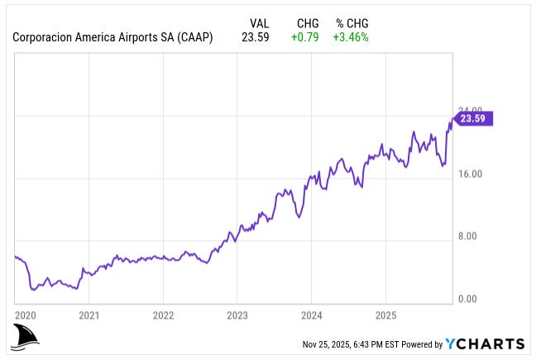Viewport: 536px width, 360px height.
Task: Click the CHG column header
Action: pyautogui.click(x=308, y=23)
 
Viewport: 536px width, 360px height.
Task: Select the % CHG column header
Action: pyautogui.click(x=352, y=23)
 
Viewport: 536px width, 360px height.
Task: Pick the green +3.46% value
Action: pyautogui.click(x=352, y=36)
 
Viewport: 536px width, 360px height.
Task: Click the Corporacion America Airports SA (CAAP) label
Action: pyautogui.click(x=112, y=36)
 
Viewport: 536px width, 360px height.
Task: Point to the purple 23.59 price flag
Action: pyautogui.click(x=474, y=118)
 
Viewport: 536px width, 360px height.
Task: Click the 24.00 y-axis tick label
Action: pyautogui.click(x=470, y=110)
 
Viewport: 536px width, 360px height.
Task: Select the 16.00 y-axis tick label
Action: pyautogui.click(x=470, y=174)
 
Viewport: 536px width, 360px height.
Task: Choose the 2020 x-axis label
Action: pyautogui.click(x=26, y=315)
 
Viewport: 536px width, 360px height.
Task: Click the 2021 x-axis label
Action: pyautogui.click(x=89, y=315)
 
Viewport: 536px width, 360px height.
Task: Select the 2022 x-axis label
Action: pyautogui.click(x=163, y=315)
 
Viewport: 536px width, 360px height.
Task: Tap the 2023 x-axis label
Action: pyautogui.click(x=237, y=315)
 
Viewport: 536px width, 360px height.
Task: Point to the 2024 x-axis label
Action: pyautogui.click(x=311, y=315)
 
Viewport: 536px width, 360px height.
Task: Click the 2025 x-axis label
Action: pyautogui.click(x=385, y=315)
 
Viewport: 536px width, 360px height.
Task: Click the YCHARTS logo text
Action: pyautogui.click(x=485, y=344)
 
